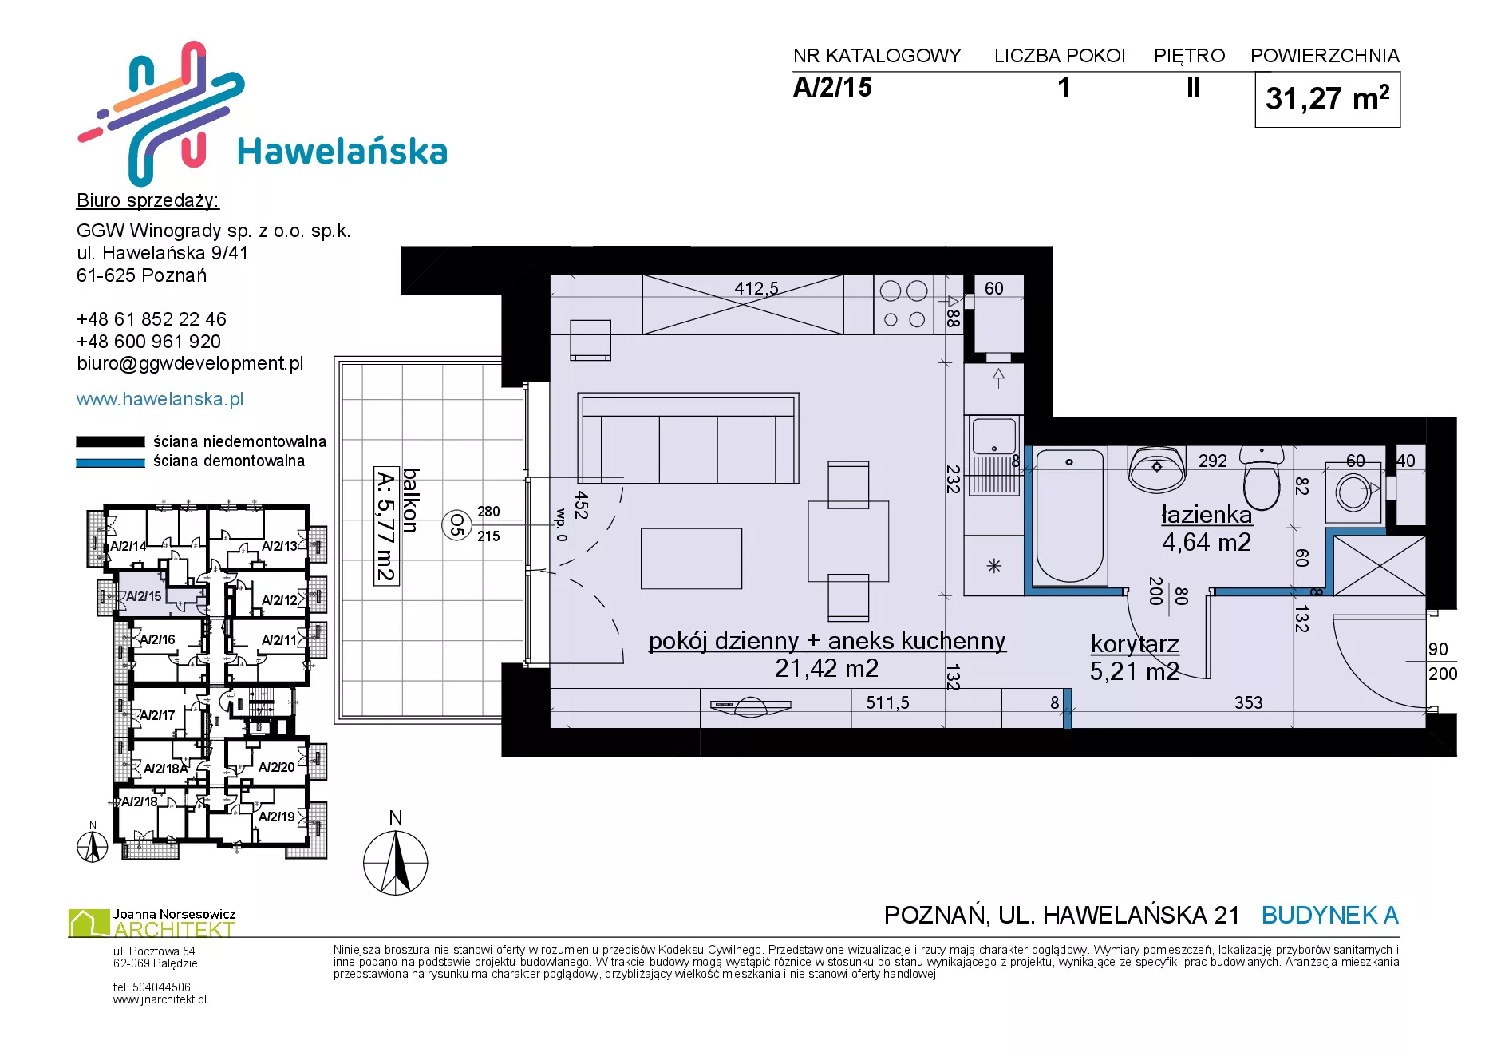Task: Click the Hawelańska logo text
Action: tap(342, 151)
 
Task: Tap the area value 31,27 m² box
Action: tap(1327, 100)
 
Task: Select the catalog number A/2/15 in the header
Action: tap(832, 87)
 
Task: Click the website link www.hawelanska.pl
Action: tap(160, 399)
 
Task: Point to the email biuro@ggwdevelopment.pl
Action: tap(190, 364)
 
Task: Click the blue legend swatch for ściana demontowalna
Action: tap(110, 462)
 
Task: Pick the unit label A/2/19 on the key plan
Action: tap(277, 817)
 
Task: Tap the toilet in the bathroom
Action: tap(1262, 477)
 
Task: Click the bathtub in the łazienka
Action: tap(1069, 516)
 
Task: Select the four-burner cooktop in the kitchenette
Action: tap(904, 305)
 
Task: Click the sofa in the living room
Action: tap(688, 437)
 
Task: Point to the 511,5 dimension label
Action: tap(887, 702)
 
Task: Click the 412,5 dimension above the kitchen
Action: tap(756, 288)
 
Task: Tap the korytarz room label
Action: tap(1135, 644)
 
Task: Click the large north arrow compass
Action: tap(396, 863)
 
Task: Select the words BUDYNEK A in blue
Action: tap(1330, 915)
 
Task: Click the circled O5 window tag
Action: tap(456, 524)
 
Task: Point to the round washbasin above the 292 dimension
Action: tap(1156, 468)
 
